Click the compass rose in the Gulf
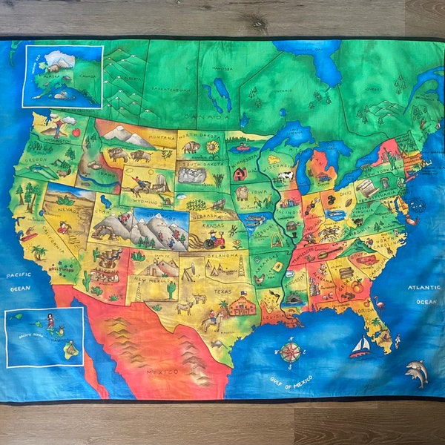click(x=290, y=350)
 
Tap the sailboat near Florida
click(x=360, y=346)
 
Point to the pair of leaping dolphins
click(x=417, y=372)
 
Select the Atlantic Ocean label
click(x=425, y=296)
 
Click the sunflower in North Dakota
click(x=213, y=148)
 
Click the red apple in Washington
click(x=75, y=132)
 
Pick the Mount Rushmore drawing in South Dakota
click(x=193, y=175)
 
